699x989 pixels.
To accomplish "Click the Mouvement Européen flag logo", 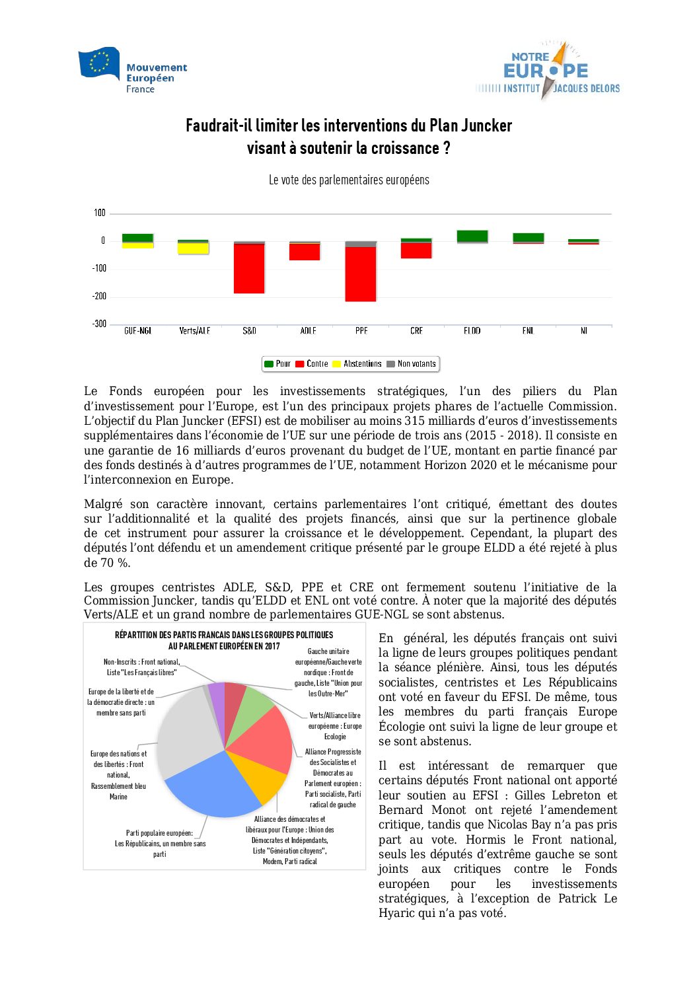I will click(x=99, y=63).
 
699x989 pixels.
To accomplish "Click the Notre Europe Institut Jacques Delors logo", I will click(x=548, y=72).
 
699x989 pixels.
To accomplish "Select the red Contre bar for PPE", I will click(x=361, y=274).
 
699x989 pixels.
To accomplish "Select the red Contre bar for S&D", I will click(x=249, y=269).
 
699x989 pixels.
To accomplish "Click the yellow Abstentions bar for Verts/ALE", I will click(x=193, y=248).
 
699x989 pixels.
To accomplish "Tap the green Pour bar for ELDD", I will click(x=472, y=236).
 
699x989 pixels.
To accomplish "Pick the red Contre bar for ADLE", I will click(x=305, y=252).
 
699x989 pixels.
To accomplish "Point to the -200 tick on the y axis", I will click(x=99, y=296).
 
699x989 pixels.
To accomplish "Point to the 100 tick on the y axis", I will click(x=100, y=213).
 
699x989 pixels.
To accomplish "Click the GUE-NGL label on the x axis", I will click(x=137, y=330).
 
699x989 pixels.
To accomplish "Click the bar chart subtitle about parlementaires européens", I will click(x=349, y=180).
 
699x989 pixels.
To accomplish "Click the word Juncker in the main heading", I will click(x=486, y=126).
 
